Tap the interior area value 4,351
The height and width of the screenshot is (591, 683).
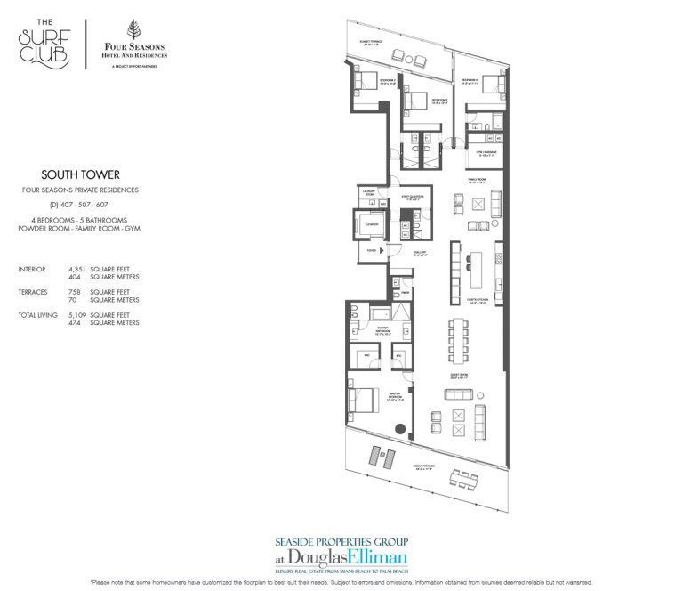(x=78, y=268)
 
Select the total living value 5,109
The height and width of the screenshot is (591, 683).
(x=78, y=314)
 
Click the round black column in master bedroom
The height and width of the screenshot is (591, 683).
(x=402, y=429)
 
